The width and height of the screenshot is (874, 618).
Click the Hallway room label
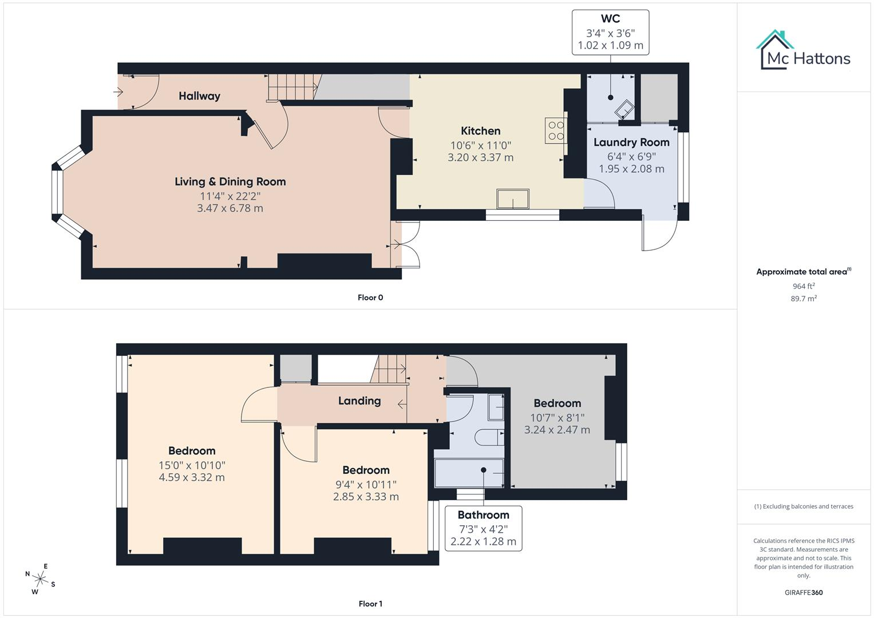pos(199,96)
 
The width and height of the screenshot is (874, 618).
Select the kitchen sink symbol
pos(513,199)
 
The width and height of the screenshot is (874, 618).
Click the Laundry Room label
pos(631,142)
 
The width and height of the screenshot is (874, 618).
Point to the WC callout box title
pos(610,18)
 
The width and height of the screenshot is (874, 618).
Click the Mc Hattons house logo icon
pos(774,50)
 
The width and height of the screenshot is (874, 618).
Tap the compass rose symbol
pos(40,579)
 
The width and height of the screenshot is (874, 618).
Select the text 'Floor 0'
pos(370,298)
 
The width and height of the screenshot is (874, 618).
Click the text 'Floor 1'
pos(370,604)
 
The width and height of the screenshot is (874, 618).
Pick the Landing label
pos(359,401)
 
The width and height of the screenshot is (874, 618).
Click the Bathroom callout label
pos(484,515)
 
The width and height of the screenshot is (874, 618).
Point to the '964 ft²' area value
pos(804,286)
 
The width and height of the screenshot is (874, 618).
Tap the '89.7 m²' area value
pos(804,299)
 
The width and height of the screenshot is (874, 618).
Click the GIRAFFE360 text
pos(804,592)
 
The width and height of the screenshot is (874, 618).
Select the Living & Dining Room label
pos(230,182)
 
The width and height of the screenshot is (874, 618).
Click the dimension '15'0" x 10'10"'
pos(192,465)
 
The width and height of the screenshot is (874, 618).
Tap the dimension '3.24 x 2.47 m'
pos(557,430)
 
